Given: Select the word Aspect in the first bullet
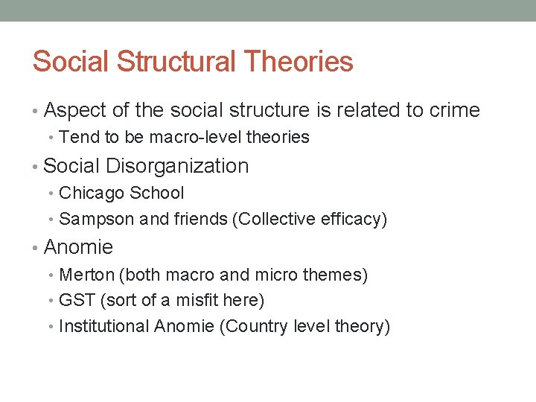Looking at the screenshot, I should coord(74,111).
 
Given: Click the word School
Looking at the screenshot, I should coord(156,193).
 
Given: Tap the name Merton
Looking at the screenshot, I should coord(86,275).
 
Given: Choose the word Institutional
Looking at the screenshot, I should coord(103,326).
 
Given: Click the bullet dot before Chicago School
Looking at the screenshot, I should coord(52,194).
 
